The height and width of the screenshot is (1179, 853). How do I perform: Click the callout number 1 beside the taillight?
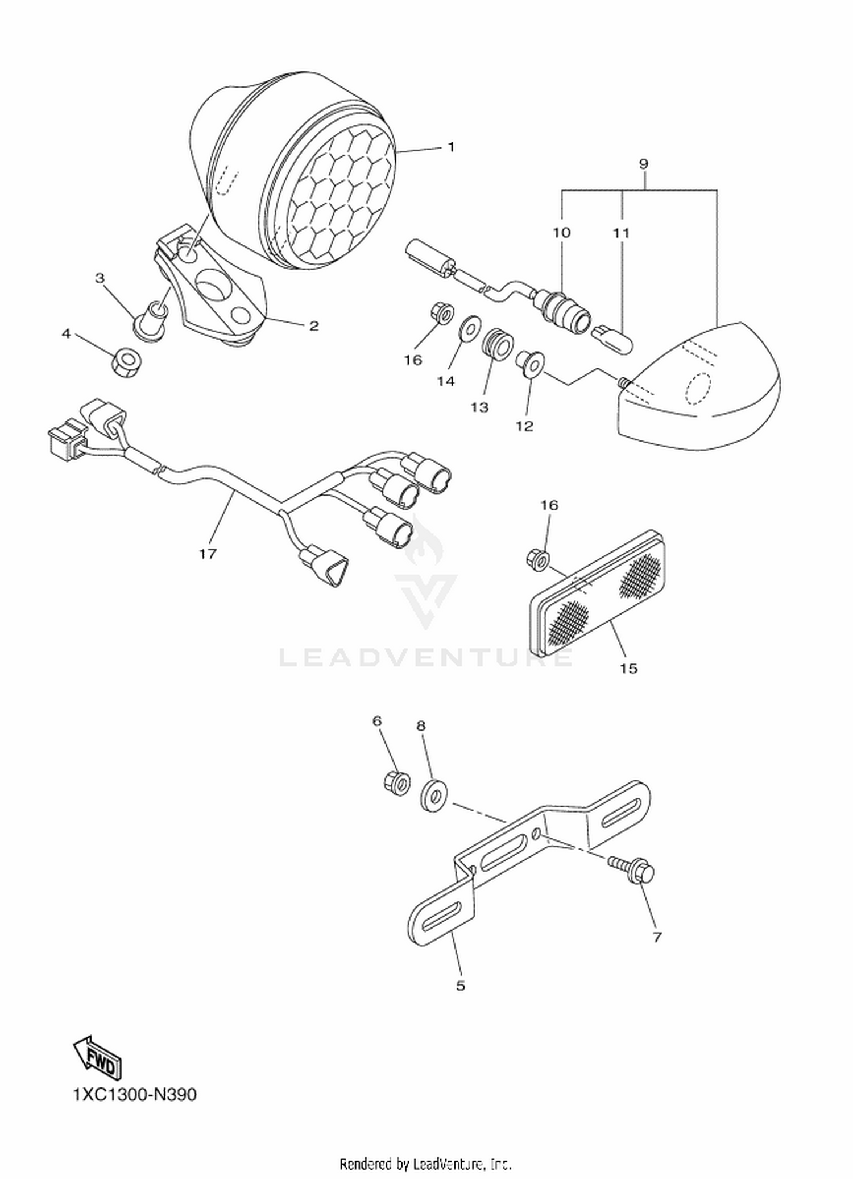(451, 147)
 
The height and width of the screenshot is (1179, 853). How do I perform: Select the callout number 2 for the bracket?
(313, 326)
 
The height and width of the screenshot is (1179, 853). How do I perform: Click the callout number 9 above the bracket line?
(643, 164)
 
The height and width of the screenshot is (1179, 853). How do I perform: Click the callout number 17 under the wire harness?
(208, 553)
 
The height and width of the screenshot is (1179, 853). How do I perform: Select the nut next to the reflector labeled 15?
(538, 558)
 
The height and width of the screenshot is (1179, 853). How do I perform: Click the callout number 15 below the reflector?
(628, 668)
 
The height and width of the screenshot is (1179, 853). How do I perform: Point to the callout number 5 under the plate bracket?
(461, 985)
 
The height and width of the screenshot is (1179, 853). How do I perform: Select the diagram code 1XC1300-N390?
(135, 1094)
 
